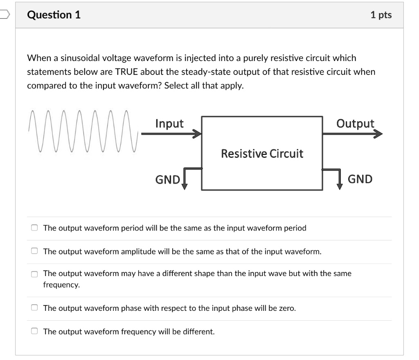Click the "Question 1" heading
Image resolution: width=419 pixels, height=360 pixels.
coord(54,15)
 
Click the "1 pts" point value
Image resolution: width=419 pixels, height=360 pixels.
coord(381,15)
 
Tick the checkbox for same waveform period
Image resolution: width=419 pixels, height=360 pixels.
coord(35,228)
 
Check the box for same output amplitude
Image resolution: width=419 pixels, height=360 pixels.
coord(35,251)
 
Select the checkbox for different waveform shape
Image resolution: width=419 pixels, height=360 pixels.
coord(35,274)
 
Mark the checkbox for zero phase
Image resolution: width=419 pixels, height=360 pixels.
coord(35,308)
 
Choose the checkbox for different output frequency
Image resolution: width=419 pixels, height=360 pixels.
coord(35,331)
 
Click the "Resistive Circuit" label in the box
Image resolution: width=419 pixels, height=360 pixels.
coord(262,154)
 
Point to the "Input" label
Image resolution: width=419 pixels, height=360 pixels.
coord(169,124)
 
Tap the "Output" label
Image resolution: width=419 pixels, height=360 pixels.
coord(355,124)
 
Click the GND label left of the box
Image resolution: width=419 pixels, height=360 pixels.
coord(167,180)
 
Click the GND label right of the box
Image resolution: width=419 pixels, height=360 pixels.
coord(360,179)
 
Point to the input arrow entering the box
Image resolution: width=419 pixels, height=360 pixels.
coord(172,134)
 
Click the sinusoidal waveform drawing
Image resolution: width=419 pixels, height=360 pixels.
coord(82,131)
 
